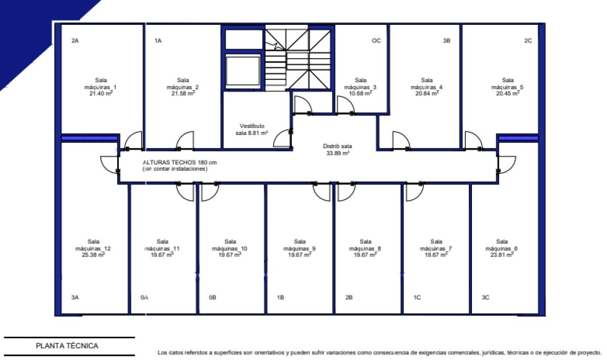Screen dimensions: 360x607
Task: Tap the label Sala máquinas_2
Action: pos(183,83)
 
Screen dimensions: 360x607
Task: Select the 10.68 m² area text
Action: pos(360,94)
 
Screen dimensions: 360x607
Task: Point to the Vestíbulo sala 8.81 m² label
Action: pos(251,129)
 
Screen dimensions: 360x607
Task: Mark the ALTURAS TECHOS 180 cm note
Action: pos(180,162)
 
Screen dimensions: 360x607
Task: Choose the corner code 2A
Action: pos(75,40)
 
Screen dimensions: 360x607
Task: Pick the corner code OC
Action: pos(376,40)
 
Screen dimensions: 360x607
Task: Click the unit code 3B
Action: pos(446,40)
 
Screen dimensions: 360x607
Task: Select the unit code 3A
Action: pos(75,297)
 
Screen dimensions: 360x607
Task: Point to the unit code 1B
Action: pos(280,297)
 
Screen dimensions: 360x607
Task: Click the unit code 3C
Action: pos(485,297)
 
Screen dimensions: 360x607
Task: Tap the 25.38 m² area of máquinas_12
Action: pos(93,255)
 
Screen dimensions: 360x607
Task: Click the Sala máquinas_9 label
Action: pos(299,245)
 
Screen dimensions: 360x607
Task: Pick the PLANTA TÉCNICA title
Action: pos(67,346)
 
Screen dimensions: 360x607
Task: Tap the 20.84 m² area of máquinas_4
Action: pos(427,94)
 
